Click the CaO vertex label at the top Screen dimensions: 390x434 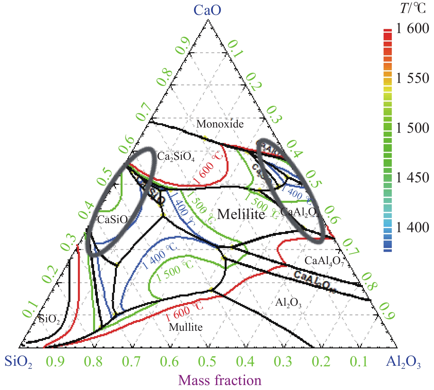[x=207, y=10]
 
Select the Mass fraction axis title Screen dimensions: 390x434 [x=220, y=380]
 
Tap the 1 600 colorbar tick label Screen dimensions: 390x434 [x=412, y=28]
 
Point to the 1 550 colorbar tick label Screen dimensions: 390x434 [x=412, y=78]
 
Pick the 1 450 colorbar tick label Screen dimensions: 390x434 [x=412, y=178]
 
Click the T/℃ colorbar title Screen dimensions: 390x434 [x=413, y=9]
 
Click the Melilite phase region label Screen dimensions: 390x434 [x=241, y=214]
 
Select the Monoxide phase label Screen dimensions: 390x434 [x=220, y=124]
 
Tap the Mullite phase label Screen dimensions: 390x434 [x=186, y=327]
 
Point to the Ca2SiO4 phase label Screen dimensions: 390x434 [x=176, y=157]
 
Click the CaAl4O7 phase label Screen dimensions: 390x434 [x=324, y=261]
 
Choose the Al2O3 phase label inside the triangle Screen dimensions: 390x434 [x=288, y=303]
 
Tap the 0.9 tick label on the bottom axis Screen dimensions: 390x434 [x=55, y=362]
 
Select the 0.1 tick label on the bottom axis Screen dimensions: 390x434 [x=359, y=362]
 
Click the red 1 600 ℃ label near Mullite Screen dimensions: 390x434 [x=184, y=311]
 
